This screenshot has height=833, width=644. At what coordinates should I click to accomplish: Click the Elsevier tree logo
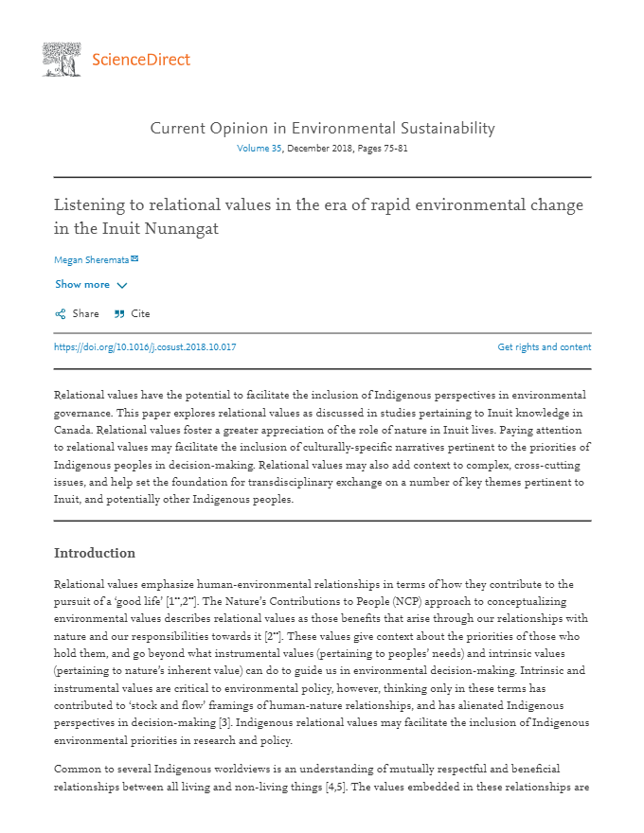(x=62, y=59)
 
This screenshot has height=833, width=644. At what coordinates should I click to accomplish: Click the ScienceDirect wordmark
(x=141, y=60)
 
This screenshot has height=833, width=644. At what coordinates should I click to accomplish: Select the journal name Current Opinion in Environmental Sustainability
(x=322, y=128)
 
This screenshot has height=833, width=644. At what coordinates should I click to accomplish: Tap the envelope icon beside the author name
(x=134, y=258)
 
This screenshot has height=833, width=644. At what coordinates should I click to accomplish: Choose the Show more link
(x=82, y=284)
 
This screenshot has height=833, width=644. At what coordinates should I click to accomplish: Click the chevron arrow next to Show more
(x=122, y=285)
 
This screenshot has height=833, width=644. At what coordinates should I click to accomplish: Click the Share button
(x=85, y=313)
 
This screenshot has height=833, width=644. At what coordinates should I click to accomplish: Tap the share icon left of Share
(x=61, y=313)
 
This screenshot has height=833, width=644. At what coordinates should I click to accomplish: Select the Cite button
(x=140, y=313)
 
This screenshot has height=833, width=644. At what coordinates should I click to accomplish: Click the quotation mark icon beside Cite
(x=119, y=313)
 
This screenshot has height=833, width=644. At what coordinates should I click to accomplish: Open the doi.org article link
(x=145, y=346)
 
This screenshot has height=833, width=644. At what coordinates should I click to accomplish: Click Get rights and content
(x=544, y=346)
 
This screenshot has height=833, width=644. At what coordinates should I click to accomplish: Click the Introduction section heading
(x=95, y=553)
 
